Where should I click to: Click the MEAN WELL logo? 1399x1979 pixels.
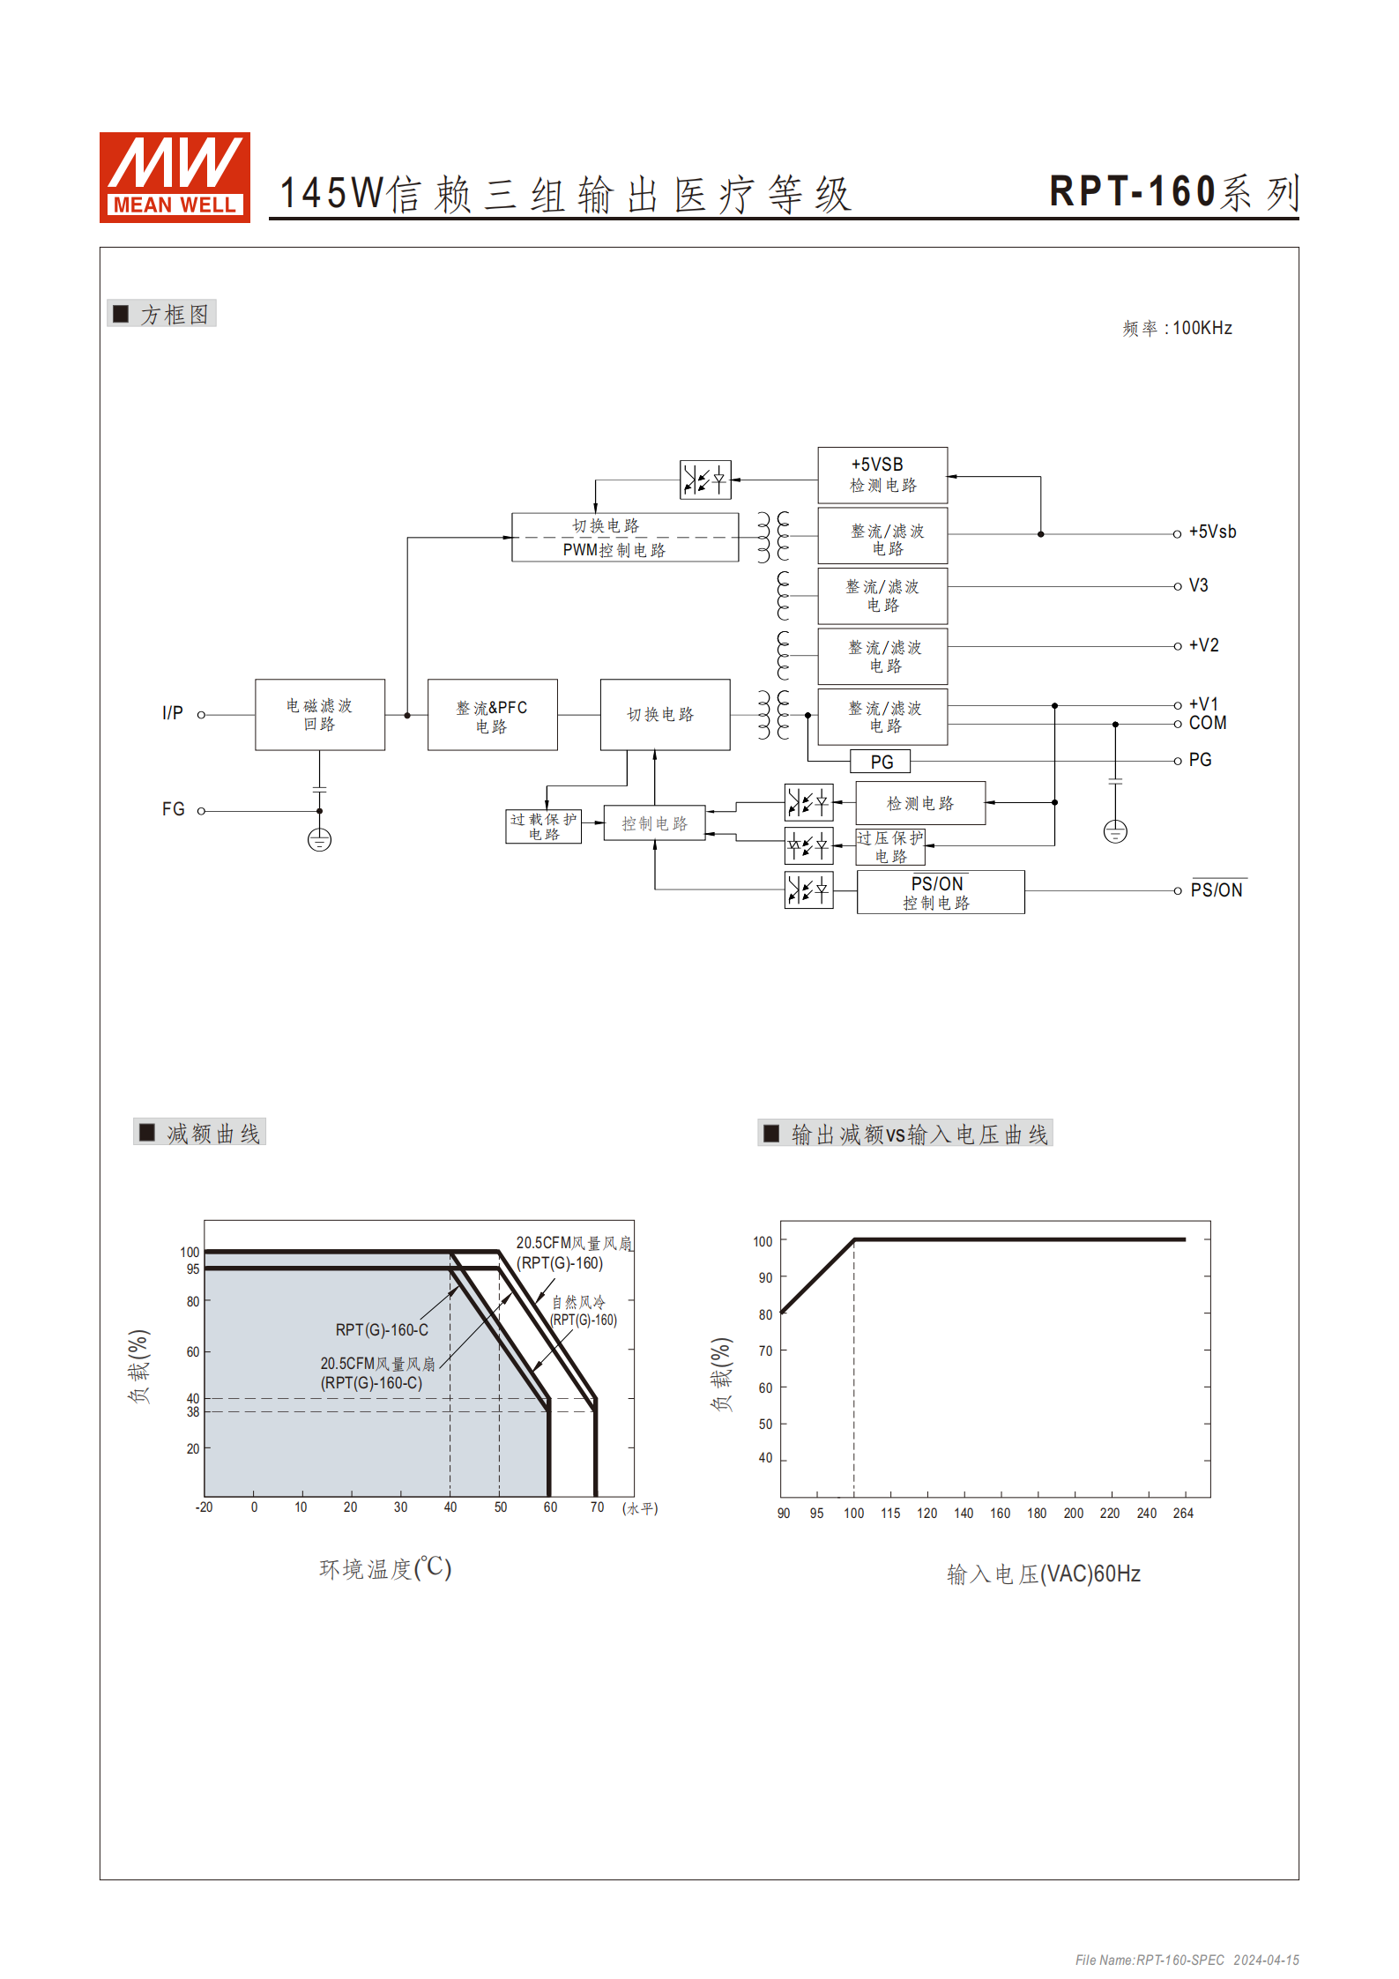[x=175, y=177]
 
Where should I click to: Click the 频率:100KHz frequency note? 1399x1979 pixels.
[x=1176, y=329]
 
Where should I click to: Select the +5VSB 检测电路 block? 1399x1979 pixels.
[x=882, y=475]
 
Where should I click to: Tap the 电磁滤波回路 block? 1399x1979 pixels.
[x=319, y=715]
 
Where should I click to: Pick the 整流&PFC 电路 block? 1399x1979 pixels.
[x=492, y=715]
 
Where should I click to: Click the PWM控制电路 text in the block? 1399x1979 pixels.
[x=614, y=550]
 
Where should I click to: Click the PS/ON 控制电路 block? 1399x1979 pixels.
[x=940, y=892]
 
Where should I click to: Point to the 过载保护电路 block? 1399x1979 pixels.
[x=543, y=827]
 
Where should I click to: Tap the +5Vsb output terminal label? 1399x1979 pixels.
[x=1212, y=532]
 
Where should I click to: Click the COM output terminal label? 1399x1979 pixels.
[x=1207, y=724]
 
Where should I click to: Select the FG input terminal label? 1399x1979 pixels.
[x=174, y=809]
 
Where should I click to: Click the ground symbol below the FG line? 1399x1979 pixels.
[x=319, y=840]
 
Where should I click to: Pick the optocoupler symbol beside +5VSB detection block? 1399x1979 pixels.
[x=705, y=480]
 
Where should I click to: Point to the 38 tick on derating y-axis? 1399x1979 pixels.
[x=193, y=1412]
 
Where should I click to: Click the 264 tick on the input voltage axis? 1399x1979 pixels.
[x=1182, y=1514]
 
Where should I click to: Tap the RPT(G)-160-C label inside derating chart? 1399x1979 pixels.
[x=382, y=1330]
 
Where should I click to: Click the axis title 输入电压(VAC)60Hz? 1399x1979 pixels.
[x=1043, y=1574]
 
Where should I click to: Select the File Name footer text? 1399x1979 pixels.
[x=1186, y=1960]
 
